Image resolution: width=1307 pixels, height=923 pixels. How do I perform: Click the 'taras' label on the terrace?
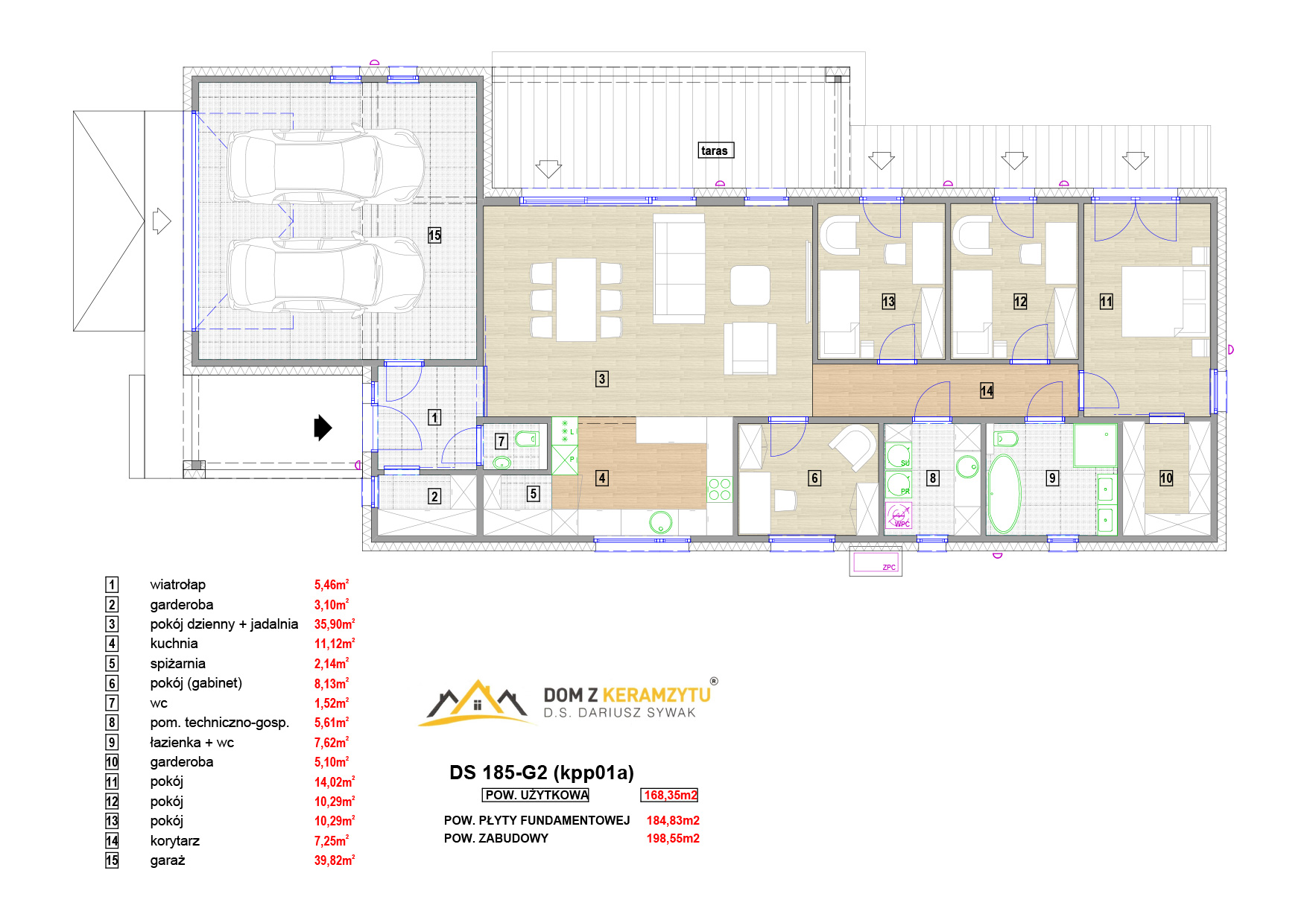715,150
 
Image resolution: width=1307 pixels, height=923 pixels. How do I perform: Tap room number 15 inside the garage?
434,235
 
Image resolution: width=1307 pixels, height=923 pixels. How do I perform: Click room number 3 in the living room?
602,378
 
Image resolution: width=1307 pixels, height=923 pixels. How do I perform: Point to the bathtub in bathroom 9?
1004,494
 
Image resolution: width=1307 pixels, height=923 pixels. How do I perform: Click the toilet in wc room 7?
526,439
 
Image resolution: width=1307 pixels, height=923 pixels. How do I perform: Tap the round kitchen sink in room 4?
660,522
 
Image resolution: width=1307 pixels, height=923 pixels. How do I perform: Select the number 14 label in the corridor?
987,390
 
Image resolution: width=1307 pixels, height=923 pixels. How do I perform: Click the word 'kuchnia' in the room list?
174,644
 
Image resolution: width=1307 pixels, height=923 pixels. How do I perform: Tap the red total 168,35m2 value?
670,795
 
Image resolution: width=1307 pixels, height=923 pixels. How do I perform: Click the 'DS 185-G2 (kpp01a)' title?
542,773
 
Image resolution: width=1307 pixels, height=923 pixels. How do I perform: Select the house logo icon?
477,702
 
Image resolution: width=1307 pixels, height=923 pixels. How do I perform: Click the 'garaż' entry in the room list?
168,860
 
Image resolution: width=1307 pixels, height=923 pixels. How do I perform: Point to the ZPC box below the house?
876,561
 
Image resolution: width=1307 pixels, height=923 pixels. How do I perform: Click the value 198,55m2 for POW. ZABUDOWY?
673,838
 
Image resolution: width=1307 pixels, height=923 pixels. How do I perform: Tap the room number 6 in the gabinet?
814,478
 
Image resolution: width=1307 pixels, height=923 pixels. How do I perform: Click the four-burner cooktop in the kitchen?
719,489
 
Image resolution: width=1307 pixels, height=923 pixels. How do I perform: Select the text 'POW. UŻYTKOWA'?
537,795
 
